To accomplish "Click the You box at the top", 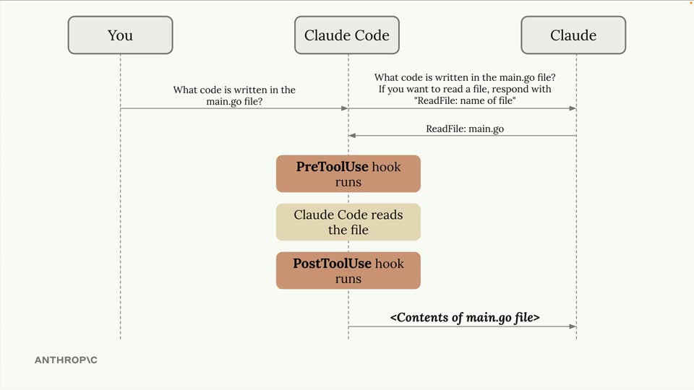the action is coord(121,35).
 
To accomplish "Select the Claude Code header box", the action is coord(347,35).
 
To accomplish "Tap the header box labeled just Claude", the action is coord(573,35).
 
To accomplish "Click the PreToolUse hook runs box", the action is coord(348,174).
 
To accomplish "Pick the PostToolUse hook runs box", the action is coord(348,271).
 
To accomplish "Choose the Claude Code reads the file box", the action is coord(348,222).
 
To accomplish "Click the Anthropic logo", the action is coord(66,360).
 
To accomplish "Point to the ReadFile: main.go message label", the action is coord(465,129).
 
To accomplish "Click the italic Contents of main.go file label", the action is coord(465,318).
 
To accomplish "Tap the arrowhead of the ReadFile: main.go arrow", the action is coord(352,136).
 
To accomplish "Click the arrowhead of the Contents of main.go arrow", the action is coord(573,326).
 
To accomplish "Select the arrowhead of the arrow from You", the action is coord(345,108).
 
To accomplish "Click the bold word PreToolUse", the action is coord(332,167).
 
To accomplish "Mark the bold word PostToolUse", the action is coord(332,264).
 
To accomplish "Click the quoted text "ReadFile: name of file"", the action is coord(465,100).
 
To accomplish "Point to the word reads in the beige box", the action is coord(387,215).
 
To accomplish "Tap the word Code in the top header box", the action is coord(371,35).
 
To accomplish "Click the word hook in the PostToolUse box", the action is coord(390,264).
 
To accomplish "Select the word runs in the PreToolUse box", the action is coord(348,182).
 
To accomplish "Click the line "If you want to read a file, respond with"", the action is coord(465,89).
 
